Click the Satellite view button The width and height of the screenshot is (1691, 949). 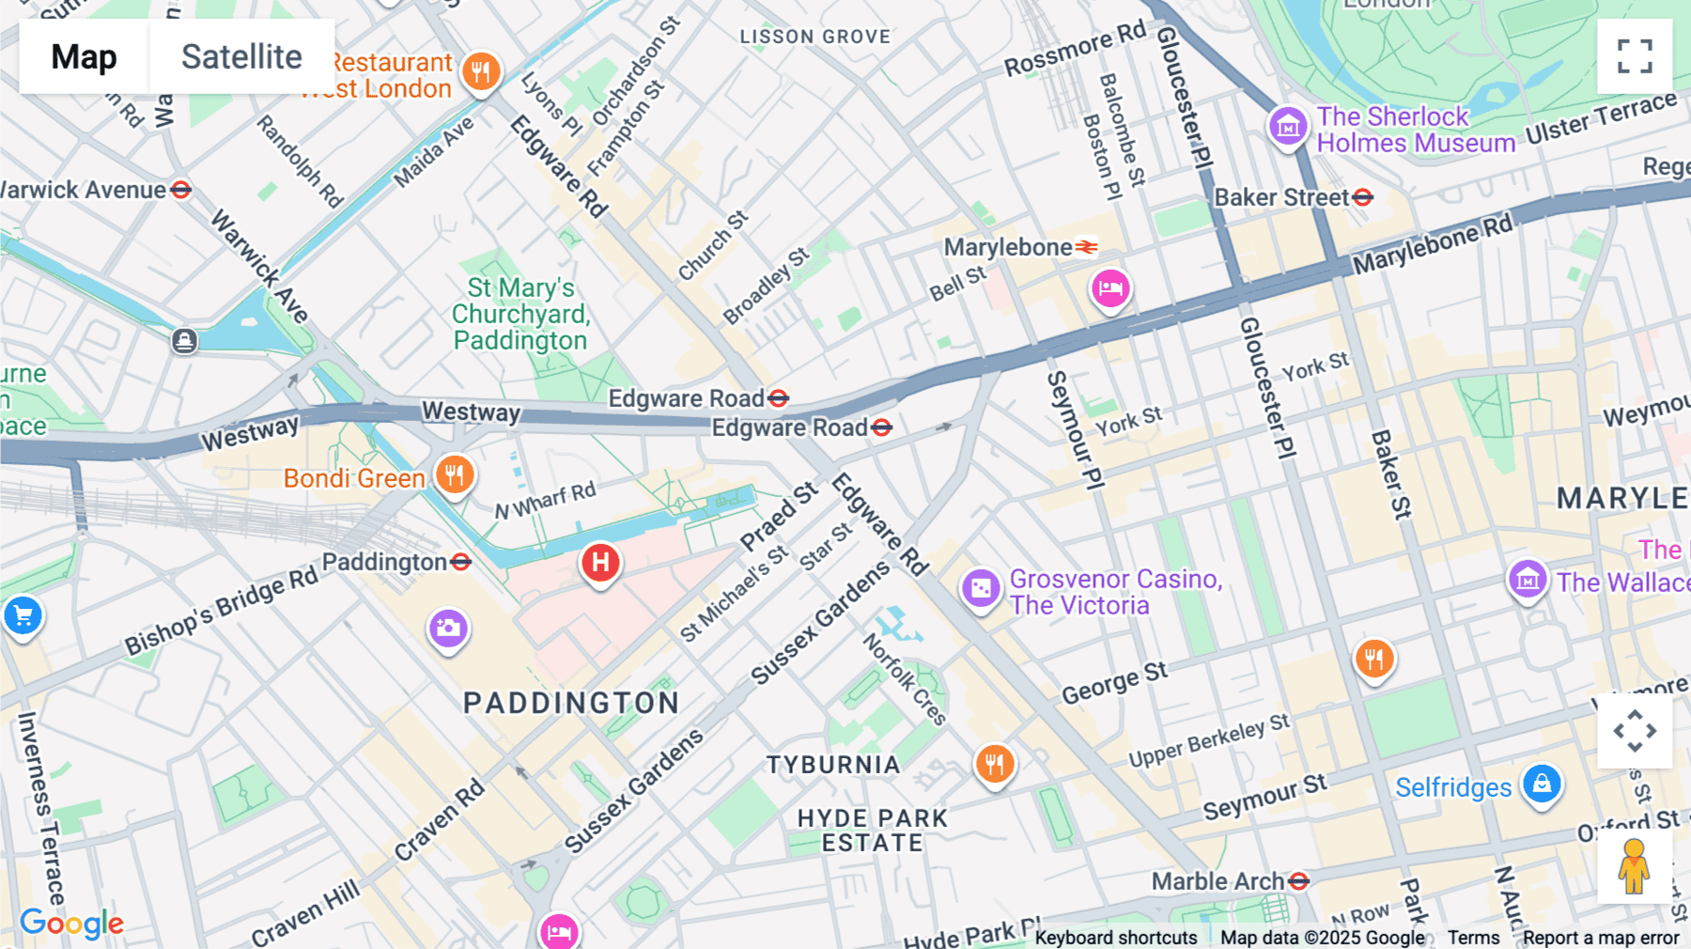click(241, 56)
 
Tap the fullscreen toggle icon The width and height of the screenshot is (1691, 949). click(1635, 56)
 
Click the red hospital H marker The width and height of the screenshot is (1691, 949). click(600, 564)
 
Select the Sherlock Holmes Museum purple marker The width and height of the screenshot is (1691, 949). click(1288, 126)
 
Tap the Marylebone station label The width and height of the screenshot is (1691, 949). click(1007, 247)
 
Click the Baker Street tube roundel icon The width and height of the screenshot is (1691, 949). click(1363, 197)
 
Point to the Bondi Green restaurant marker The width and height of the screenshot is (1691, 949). click(454, 474)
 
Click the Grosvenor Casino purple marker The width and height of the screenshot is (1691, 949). click(981, 589)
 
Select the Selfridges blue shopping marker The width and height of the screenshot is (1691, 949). click(1542, 784)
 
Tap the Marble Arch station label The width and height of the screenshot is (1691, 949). click(1218, 881)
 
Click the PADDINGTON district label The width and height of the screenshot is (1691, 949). click(571, 703)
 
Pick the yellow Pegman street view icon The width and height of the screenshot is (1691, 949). click(1634, 866)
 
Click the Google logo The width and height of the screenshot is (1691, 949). click(71, 924)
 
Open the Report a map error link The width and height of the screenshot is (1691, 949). click(1601, 938)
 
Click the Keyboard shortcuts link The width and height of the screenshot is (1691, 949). click(1116, 938)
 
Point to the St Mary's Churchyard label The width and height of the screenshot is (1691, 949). click(520, 314)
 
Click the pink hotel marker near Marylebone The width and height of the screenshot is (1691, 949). click(1110, 288)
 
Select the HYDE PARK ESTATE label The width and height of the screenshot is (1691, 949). click(873, 831)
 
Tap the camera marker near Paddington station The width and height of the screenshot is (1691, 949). click(448, 628)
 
